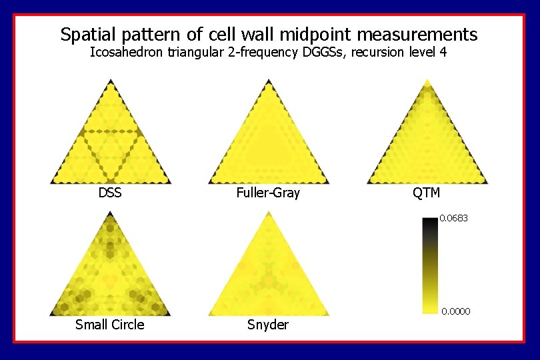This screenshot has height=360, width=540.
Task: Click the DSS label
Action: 110,193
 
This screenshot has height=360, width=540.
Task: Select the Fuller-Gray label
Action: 268,193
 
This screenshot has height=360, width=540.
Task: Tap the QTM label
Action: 426,193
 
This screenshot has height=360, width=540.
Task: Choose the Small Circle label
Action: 109,325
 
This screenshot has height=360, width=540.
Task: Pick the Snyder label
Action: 267,325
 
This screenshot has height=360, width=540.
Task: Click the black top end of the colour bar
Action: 430,221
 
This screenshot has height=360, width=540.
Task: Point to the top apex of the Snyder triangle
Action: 268,213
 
